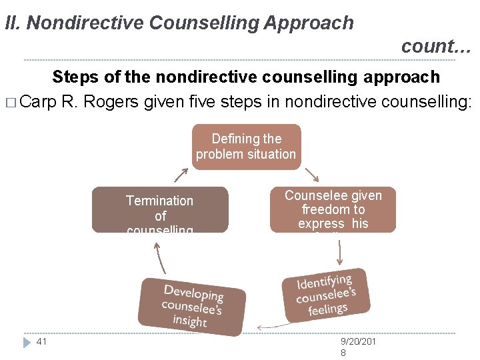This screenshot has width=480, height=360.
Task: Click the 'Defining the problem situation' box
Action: tap(246, 147)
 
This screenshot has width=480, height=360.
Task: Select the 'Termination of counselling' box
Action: tap(160, 209)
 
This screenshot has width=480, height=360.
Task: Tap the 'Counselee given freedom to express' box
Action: tap(333, 209)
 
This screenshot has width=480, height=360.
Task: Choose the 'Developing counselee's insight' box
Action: tap(192, 305)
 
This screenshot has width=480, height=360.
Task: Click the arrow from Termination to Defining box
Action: tap(181, 175)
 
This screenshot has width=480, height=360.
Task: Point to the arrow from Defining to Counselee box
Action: tap(311, 175)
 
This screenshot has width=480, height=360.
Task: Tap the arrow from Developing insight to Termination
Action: tap(159, 257)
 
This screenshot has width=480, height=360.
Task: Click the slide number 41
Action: tap(41, 341)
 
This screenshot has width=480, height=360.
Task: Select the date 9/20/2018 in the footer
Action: tap(359, 347)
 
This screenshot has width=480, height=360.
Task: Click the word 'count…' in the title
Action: tap(436, 46)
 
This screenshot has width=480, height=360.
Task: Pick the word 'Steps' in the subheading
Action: tap(75, 77)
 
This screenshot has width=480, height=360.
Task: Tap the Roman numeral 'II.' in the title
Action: tap(13, 23)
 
